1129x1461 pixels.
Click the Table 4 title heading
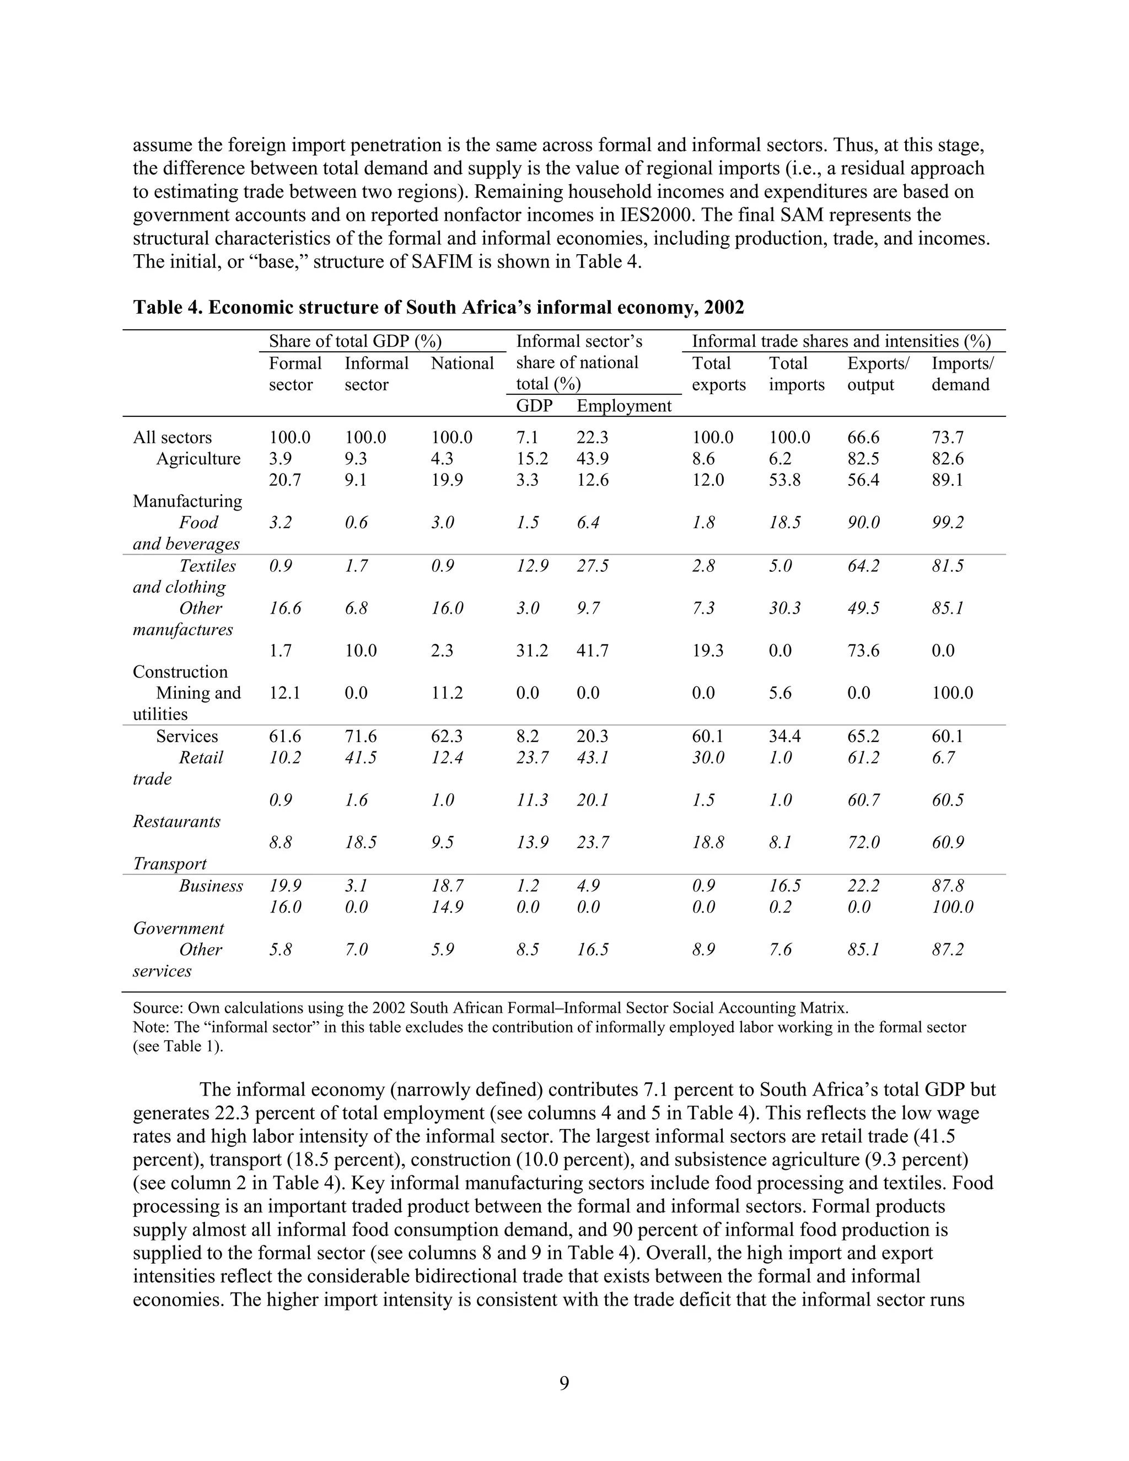[438, 307]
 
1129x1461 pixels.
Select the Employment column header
[623, 406]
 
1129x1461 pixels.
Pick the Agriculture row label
[198, 459]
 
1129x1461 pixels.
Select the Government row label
[178, 928]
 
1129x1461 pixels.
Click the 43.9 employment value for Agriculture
[592, 459]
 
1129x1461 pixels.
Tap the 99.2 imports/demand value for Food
[947, 523]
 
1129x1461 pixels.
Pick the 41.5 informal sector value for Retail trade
[360, 758]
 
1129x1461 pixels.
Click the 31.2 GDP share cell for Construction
[532, 650]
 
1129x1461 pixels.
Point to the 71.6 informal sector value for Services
[360, 736]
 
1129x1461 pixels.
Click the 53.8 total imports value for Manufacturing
[784, 480]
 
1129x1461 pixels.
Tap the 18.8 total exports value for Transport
[708, 842]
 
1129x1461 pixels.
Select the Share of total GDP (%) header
[354, 341]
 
